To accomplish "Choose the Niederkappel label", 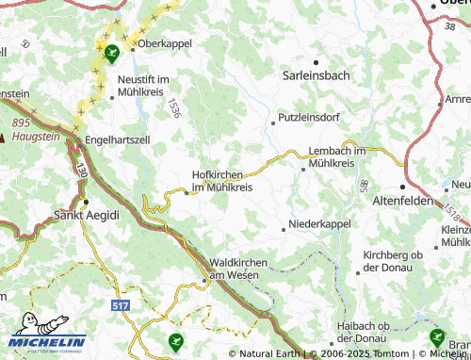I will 320,224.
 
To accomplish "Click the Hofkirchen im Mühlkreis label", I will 222,181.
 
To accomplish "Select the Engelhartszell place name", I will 117,139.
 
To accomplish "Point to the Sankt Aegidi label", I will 86,215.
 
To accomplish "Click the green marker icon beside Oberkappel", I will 112,53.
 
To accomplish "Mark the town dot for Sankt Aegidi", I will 86,202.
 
